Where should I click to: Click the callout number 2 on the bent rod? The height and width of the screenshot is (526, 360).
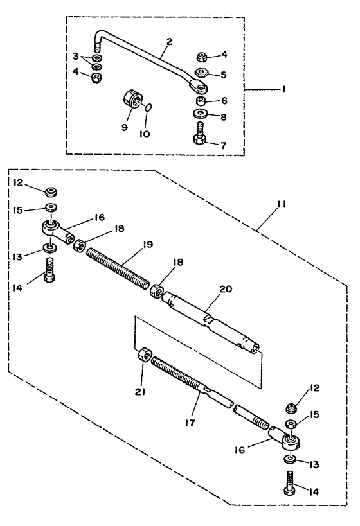pos(169,42)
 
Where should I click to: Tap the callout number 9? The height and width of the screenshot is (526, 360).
pos(125,127)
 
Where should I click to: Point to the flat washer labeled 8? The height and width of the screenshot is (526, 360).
pos(201,113)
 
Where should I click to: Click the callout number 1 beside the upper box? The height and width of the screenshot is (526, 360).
pos(283,89)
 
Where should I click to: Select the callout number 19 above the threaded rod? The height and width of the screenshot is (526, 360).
pos(147,244)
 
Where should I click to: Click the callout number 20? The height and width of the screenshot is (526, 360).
pos(226,289)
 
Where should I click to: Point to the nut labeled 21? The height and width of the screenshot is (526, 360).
pos(145,355)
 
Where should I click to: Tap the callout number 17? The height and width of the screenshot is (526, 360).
pos(190,423)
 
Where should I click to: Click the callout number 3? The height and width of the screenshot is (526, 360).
pos(76,56)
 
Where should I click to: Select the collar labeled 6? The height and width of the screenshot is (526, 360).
pos(201,100)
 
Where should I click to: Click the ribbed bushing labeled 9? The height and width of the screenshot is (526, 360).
pos(131,100)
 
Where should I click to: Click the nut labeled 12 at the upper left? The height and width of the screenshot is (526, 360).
pos(51,192)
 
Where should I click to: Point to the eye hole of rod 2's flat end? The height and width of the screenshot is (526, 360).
pos(201,88)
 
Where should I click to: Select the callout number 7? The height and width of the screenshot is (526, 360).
pos(223,145)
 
